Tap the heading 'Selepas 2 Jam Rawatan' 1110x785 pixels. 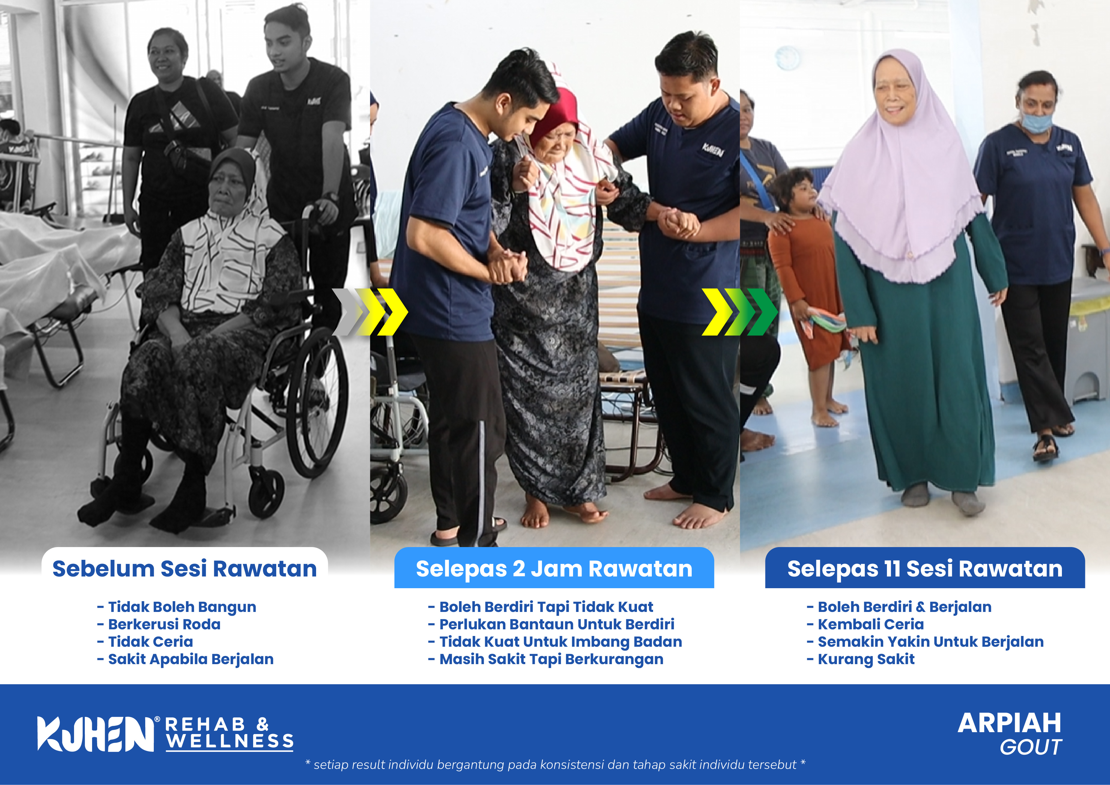click(554, 569)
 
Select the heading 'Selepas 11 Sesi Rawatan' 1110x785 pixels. click(925, 569)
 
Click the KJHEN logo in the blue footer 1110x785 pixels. click(97, 734)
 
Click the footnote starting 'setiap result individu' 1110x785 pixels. click(555, 765)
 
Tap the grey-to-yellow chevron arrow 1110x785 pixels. click(370, 312)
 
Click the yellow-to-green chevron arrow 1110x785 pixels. click(740, 312)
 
